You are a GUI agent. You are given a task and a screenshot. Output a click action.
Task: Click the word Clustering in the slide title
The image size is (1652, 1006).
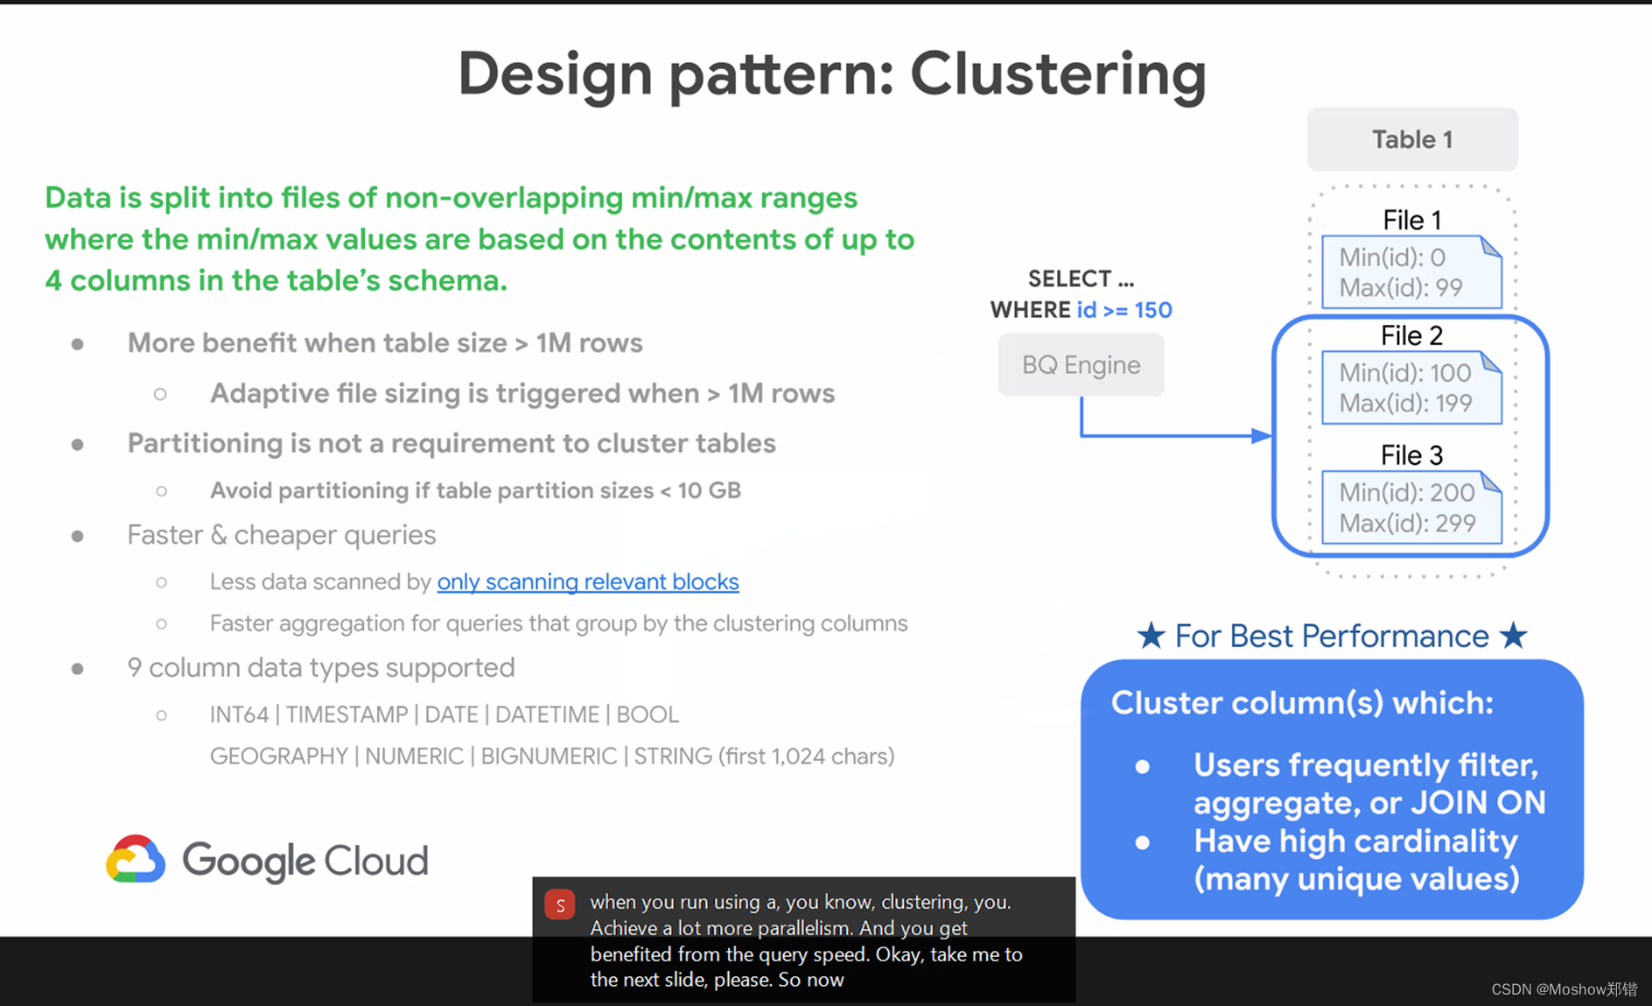pyautogui.click(x=1058, y=74)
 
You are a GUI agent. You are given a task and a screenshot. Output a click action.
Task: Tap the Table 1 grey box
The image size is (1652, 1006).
pyautogui.click(x=1411, y=139)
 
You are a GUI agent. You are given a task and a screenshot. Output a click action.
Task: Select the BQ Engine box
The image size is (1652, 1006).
pyautogui.click(x=1081, y=365)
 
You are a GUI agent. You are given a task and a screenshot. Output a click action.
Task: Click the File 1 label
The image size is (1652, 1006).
pyautogui.click(x=1411, y=220)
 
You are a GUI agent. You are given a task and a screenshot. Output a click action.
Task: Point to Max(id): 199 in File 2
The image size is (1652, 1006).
pyautogui.click(x=1405, y=404)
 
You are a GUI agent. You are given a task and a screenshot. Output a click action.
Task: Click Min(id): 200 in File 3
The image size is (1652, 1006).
pyautogui.click(x=1406, y=492)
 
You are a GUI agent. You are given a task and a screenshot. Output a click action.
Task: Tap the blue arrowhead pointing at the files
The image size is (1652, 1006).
pyautogui.click(x=1262, y=435)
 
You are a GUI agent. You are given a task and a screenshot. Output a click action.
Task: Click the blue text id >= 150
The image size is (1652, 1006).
pyautogui.click(x=1124, y=310)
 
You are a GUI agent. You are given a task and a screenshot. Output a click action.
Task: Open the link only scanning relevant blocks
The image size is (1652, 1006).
pyautogui.click(x=588, y=581)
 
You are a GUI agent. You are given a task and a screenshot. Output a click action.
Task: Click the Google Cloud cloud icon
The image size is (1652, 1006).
pyautogui.click(x=136, y=859)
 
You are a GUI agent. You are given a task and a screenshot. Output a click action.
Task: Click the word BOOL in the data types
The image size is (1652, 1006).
pyautogui.click(x=647, y=714)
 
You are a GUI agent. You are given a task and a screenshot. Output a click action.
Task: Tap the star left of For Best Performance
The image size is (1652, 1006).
pyautogui.click(x=1151, y=636)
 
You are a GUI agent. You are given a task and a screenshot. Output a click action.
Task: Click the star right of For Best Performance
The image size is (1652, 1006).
pyautogui.click(x=1514, y=636)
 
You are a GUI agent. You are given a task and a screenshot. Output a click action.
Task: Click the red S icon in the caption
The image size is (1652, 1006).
pyautogui.click(x=560, y=904)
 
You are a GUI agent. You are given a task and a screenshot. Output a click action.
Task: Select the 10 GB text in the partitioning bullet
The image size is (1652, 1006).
pyautogui.click(x=709, y=490)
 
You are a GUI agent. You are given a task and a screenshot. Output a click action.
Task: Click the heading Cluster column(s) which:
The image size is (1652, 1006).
pyautogui.click(x=1301, y=702)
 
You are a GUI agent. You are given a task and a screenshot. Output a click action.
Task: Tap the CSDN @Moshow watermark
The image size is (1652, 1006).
pyautogui.click(x=1564, y=989)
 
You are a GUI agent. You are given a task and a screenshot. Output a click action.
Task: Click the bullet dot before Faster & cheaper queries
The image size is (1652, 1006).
pyautogui.click(x=78, y=536)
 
